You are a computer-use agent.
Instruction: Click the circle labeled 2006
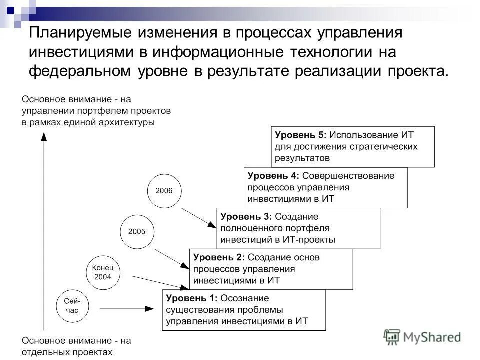164,190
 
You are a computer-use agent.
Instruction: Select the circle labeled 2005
137,231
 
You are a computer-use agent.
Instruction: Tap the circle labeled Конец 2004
104,272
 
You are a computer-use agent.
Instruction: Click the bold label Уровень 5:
300,135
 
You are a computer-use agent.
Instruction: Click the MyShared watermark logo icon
392,337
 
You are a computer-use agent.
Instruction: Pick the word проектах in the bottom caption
92,352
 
